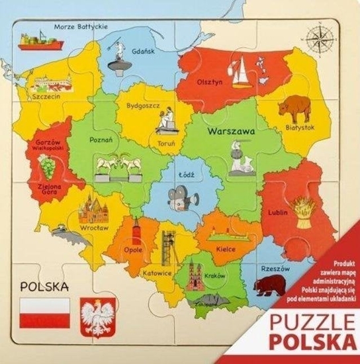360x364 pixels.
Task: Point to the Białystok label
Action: (x=299, y=126)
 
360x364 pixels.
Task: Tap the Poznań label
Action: (x=101, y=140)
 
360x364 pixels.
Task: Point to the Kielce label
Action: (x=226, y=250)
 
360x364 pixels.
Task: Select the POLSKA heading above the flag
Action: (x=45, y=287)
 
